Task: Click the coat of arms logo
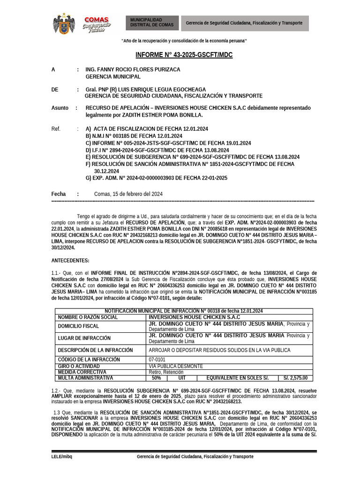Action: [64, 23]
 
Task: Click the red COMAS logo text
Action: [96, 19]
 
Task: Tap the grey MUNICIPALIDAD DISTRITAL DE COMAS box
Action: [151, 22]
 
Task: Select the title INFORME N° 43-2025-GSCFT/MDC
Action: [184, 55]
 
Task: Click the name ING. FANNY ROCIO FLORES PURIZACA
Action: [133, 69]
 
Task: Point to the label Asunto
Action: [60, 108]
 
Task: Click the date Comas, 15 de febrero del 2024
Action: [128, 194]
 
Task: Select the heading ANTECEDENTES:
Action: [70, 260]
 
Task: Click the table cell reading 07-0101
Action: [157, 360]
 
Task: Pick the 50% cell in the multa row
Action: [157, 378]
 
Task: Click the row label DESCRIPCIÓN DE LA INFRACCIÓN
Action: [95, 350]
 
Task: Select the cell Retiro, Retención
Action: [167, 372]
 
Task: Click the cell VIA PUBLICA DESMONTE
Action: [176, 366]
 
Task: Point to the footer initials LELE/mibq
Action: [62, 457]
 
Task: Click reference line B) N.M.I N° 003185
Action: [134, 136]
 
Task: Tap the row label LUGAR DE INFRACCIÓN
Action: [84, 338]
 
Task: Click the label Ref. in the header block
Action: [56, 129]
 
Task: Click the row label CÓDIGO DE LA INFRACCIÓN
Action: [89, 360]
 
